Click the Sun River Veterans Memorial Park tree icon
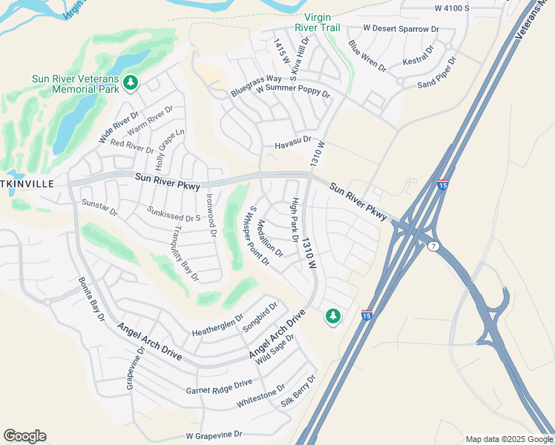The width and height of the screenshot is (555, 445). (x=131, y=82)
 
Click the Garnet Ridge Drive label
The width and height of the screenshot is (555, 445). (x=220, y=386)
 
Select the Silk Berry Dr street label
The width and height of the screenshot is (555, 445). (x=298, y=392)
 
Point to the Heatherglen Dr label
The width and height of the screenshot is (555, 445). (x=217, y=324)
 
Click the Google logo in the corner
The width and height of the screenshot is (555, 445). (x=24, y=436)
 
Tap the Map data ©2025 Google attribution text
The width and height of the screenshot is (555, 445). (x=508, y=439)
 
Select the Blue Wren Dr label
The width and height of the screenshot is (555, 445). (x=367, y=56)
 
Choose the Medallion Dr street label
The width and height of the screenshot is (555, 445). (x=270, y=238)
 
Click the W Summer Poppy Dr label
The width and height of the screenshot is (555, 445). (x=292, y=91)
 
